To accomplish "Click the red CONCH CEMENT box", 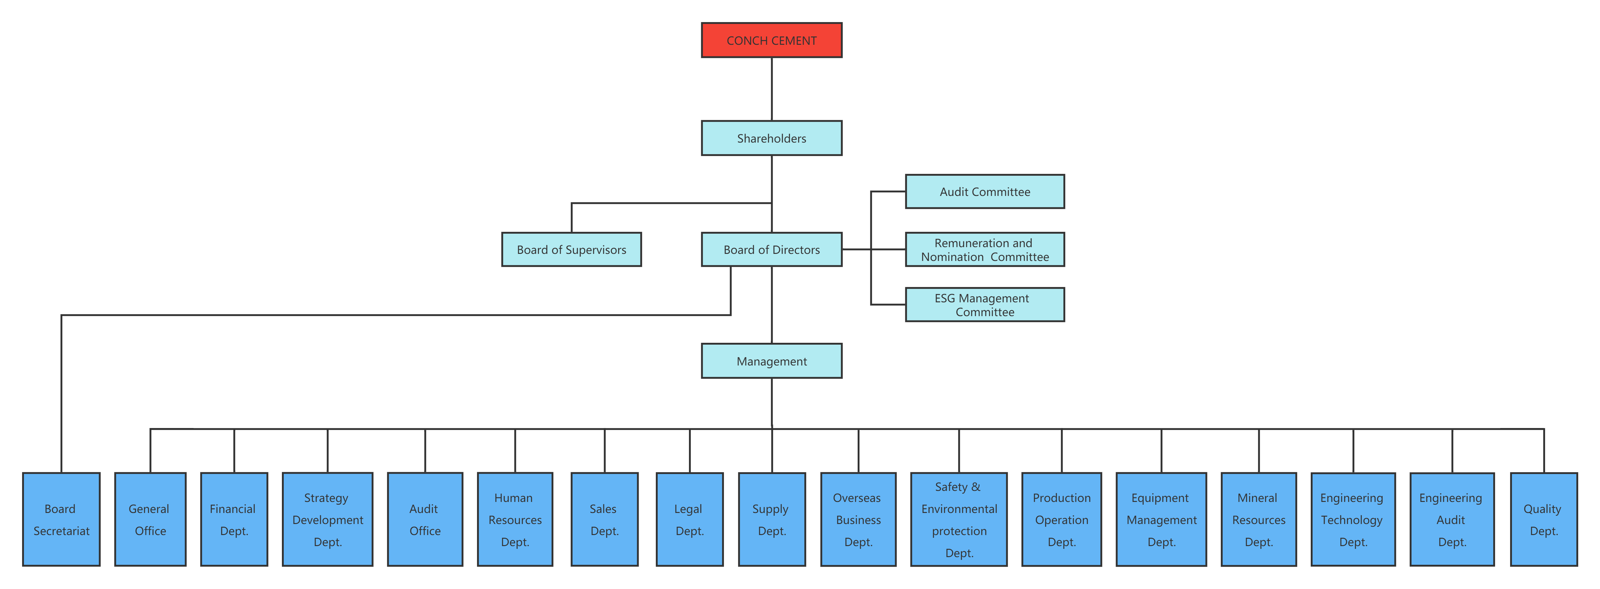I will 771,40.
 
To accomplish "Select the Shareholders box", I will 771,138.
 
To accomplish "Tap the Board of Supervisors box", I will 571,250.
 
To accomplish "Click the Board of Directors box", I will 771,250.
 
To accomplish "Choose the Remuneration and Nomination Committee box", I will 984,250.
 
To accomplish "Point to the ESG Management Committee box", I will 984,305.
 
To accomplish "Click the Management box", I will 771,361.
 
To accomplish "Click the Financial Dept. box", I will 233,519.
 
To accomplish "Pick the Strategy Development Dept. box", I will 327,519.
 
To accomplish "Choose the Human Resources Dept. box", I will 515,519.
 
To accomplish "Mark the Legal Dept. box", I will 690,519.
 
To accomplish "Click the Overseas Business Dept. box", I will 858,519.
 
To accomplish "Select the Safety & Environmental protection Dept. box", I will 958,519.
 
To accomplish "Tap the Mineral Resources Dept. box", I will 1258,519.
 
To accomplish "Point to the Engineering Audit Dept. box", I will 1452,519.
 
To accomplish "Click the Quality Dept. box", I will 1544,519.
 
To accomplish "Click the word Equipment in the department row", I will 1160,498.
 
